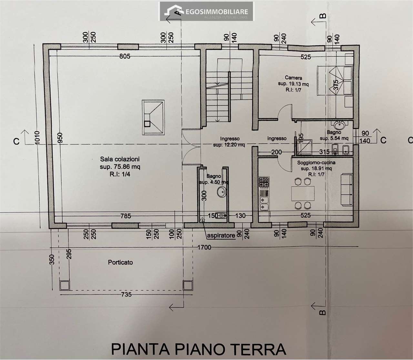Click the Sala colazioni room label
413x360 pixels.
coord(120,159)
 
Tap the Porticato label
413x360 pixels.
coord(120,262)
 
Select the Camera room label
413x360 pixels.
coord(294,78)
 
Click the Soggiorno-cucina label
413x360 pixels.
coord(316,162)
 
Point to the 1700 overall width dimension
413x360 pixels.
coord(204,247)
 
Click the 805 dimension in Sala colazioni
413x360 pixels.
coord(125,56)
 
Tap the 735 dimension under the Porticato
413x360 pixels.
coord(126,295)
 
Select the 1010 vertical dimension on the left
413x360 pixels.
coord(37,138)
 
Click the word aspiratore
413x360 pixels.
coord(221,235)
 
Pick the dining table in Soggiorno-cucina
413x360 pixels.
coord(303,193)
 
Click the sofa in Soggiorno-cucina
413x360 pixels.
coord(347,190)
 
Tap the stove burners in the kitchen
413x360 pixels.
coord(264,182)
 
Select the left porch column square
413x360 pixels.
coord(65,286)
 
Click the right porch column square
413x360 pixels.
coord(187,286)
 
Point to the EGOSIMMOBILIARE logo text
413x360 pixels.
coord(217,12)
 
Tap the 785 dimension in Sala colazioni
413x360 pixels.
coord(126,216)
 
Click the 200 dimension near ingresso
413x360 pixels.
coord(276,152)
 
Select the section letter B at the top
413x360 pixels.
coord(323,16)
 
